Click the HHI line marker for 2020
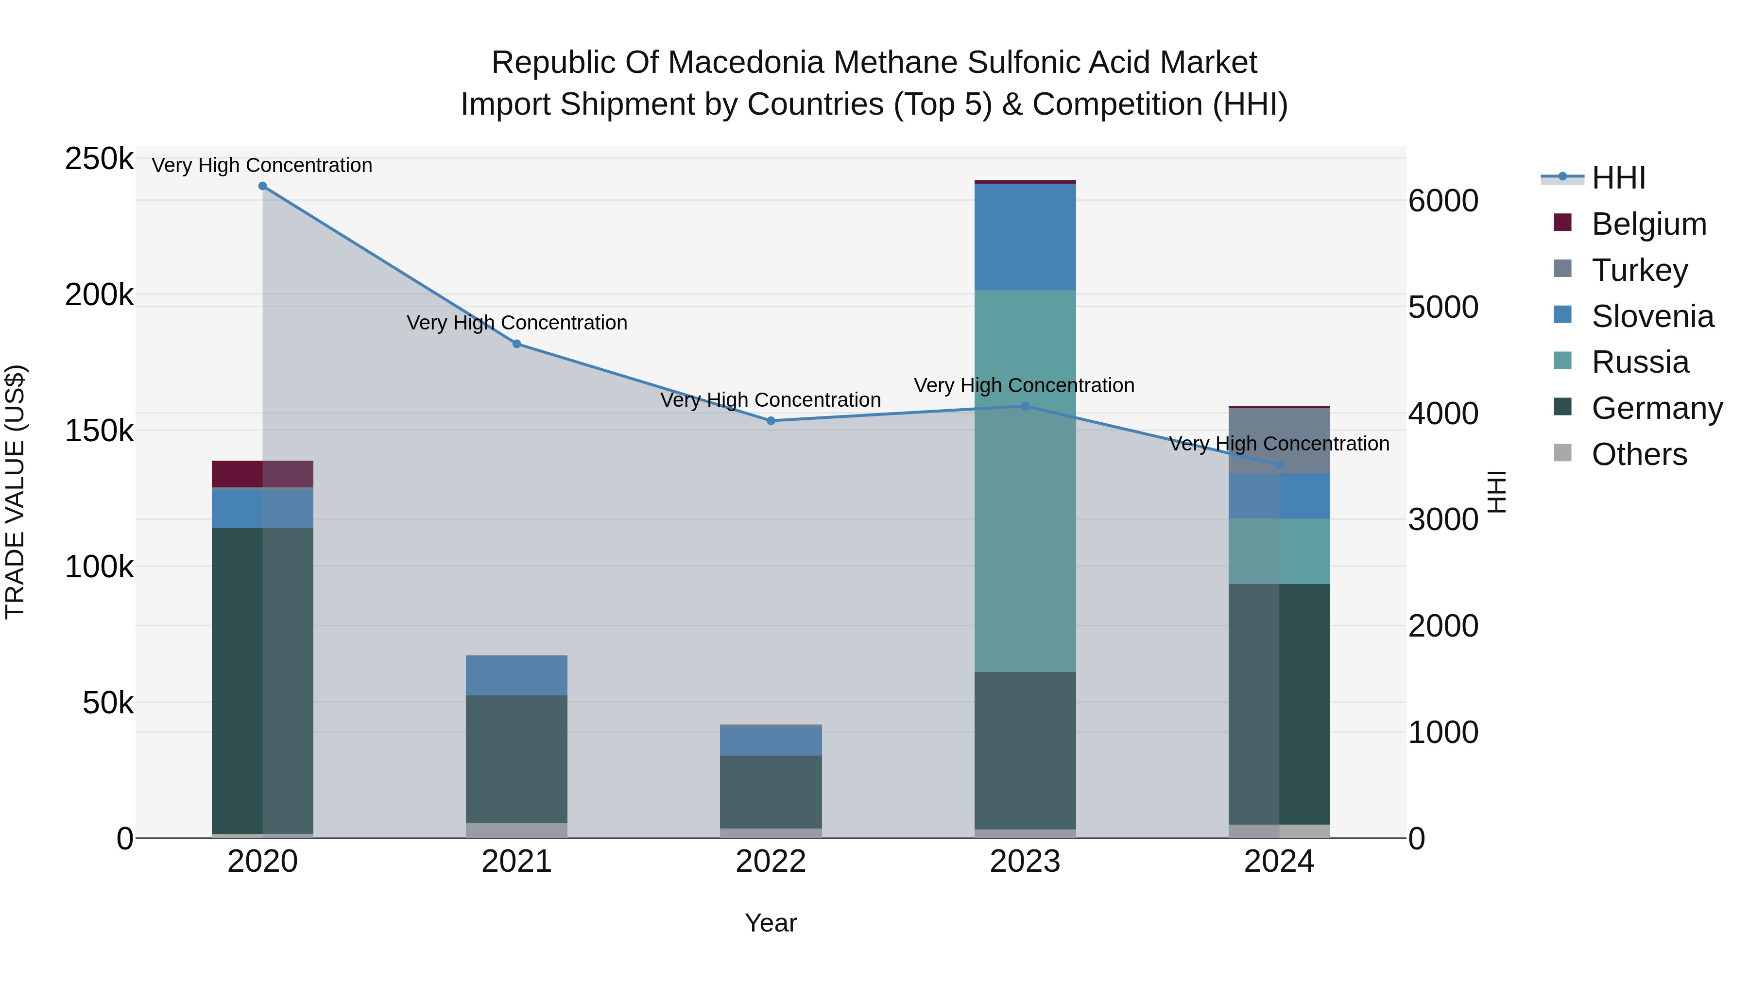pyautogui.click(x=263, y=186)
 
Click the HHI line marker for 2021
pyautogui.click(x=517, y=345)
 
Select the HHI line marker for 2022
pyautogui.click(x=771, y=421)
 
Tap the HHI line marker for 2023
pyautogui.click(x=1025, y=406)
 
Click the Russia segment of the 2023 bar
pyautogui.click(x=1025, y=481)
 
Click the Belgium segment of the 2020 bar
pyautogui.click(x=263, y=474)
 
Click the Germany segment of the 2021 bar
pyautogui.click(x=517, y=759)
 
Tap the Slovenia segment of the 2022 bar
pyautogui.click(x=771, y=742)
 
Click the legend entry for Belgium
pyautogui.click(x=1648, y=224)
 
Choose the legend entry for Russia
pyautogui.click(x=1640, y=362)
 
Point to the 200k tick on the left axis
pyautogui.click(x=99, y=295)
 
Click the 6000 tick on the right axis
pyautogui.click(x=1443, y=201)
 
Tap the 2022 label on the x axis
pyautogui.click(x=771, y=862)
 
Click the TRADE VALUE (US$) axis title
pyautogui.click(x=16, y=492)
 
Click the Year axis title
pyautogui.click(x=771, y=923)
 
